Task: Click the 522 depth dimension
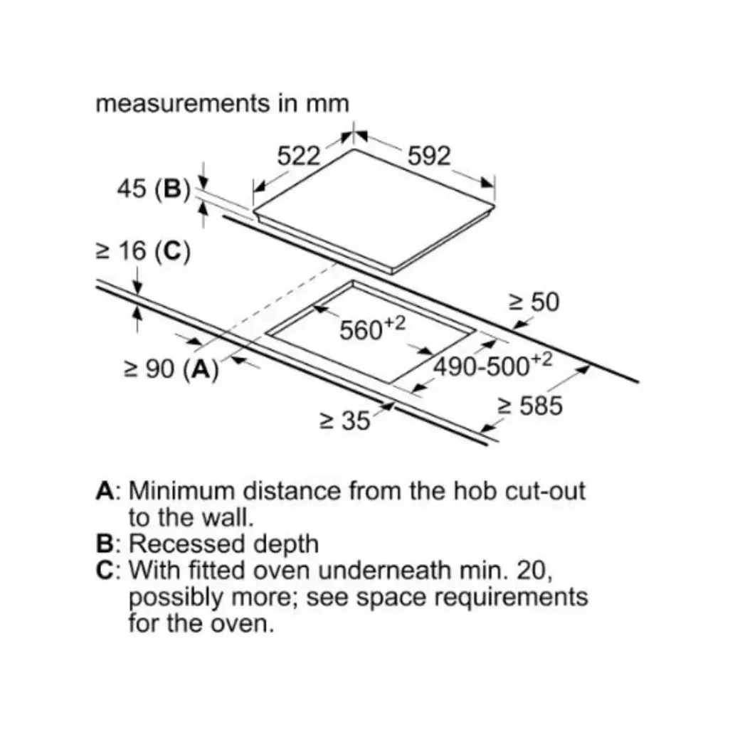[299, 156]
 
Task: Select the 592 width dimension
[429, 156]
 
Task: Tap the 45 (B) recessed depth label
[154, 189]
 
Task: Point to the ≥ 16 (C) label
[144, 251]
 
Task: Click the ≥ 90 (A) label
[171, 369]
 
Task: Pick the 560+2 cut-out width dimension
[372, 329]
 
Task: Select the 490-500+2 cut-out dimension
[493, 364]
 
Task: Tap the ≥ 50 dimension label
[534, 302]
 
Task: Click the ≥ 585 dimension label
[530, 406]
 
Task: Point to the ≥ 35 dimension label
[345, 420]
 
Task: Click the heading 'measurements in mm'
[223, 103]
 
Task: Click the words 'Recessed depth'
[223, 544]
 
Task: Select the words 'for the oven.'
[201, 623]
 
